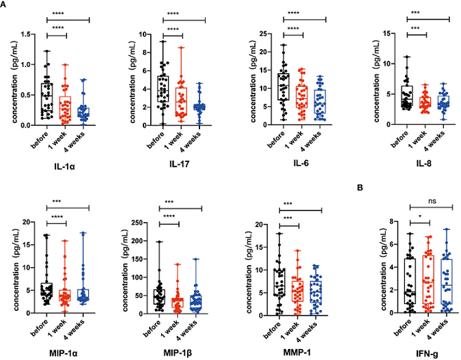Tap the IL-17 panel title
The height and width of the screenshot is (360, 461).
182,165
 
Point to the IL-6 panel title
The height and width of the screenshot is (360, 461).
300,165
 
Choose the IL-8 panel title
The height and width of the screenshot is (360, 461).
417,165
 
